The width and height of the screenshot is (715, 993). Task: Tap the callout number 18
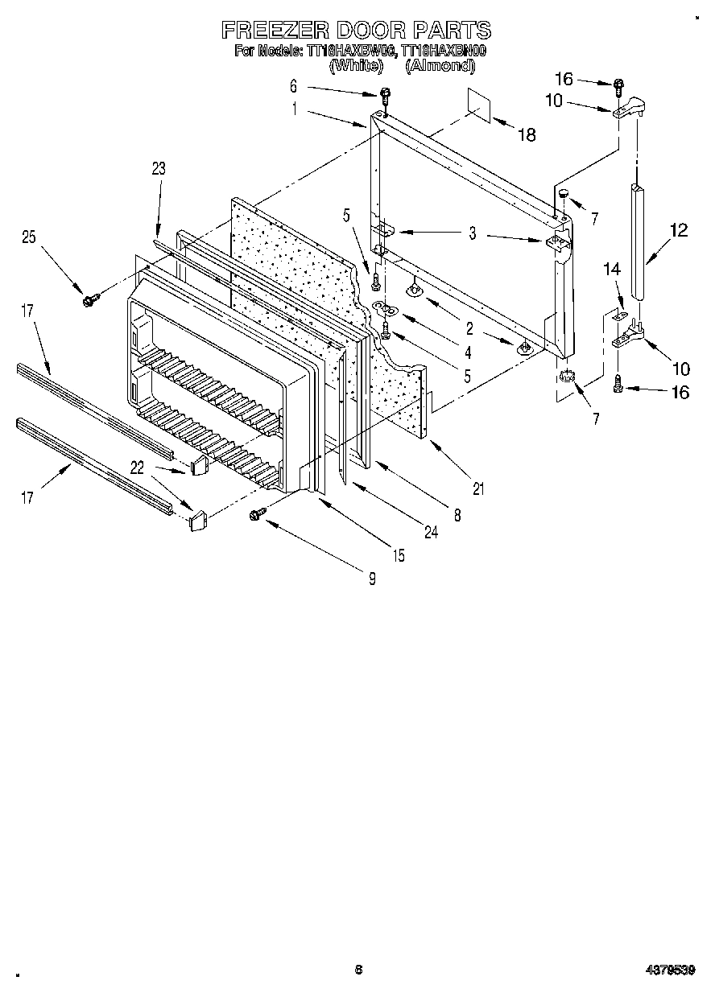[527, 135]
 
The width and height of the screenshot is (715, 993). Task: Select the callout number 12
[678, 231]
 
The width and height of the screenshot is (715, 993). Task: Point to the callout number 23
[158, 168]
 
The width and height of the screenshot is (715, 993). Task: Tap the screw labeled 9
[259, 513]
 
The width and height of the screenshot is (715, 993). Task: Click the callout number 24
[432, 532]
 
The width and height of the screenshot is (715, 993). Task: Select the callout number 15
[399, 555]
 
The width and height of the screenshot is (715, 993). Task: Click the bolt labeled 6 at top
[385, 94]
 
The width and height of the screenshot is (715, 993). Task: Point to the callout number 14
[614, 272]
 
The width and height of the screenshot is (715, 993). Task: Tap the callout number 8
[457, 517]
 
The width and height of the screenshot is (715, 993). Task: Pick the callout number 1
[295, 110]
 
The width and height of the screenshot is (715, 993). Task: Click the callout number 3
[473, 233]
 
